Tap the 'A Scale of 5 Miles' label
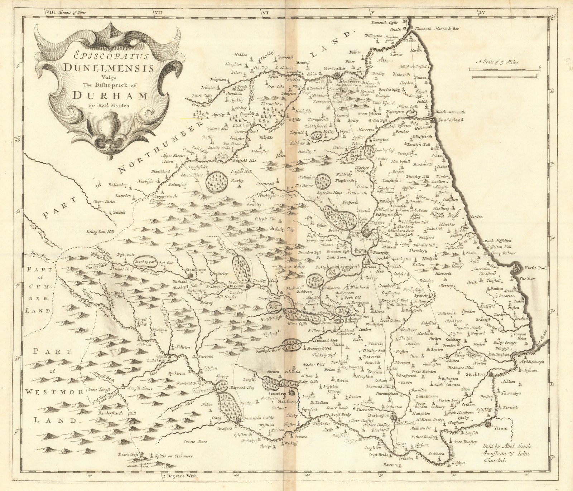click(x=498, y=62)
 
